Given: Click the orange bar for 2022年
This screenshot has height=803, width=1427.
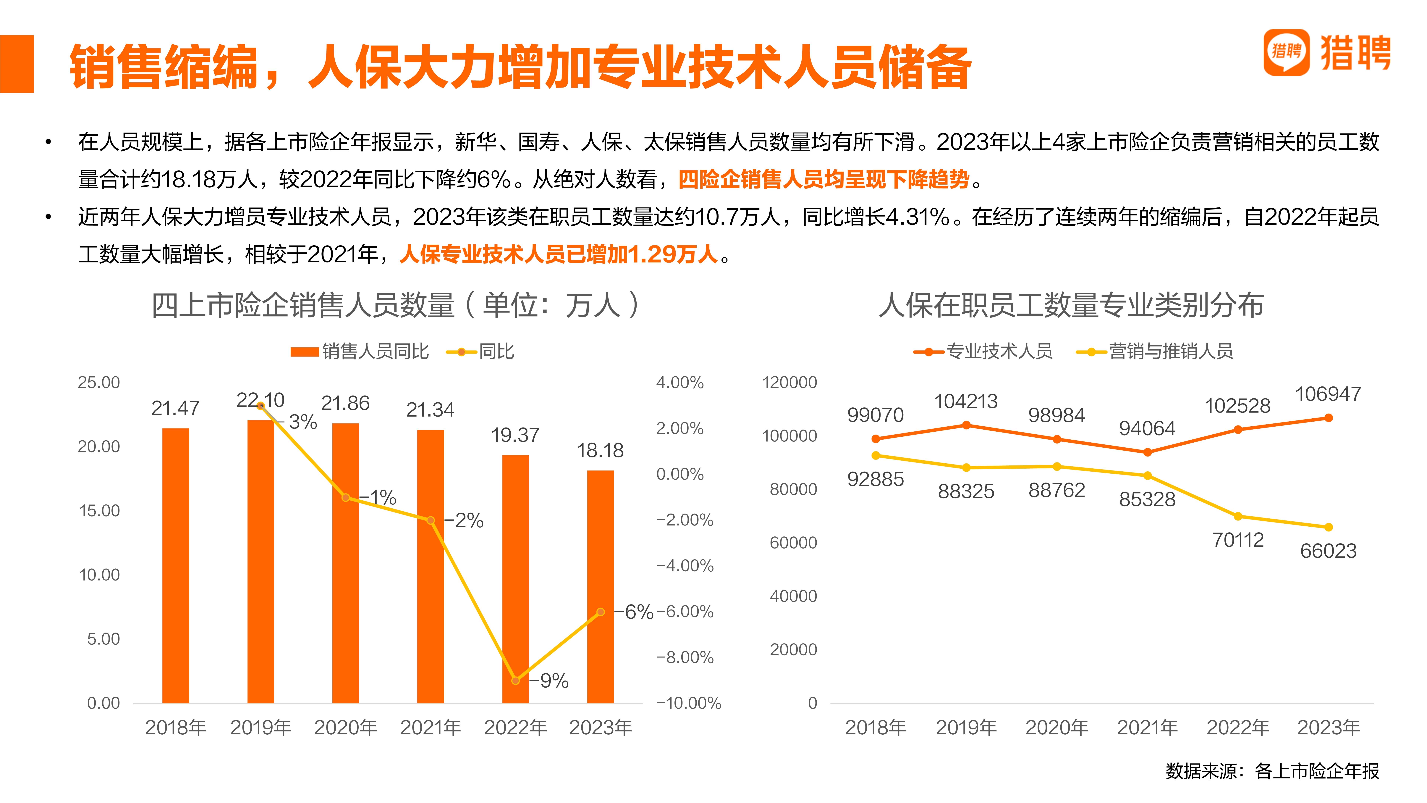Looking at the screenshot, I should tap(515, 579).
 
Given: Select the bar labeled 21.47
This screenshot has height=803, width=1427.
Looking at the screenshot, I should tap(176, 565).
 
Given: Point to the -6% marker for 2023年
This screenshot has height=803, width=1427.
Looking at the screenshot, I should tap(601, 612).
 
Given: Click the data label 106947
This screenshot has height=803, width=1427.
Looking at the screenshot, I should tap(1328, 394).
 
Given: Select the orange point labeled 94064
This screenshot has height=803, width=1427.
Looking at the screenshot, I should tap(1147, 452).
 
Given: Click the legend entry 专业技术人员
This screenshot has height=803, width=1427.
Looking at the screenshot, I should tap(983, 351).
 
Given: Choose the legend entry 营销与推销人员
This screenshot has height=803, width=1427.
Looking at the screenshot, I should tap(1155, 351).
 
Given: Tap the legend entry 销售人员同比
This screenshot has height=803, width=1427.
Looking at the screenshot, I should tap(360, 351).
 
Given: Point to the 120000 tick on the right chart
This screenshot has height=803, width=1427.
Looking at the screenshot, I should tap(789, 382).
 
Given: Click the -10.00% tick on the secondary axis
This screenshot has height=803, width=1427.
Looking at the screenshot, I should tap(689, 703).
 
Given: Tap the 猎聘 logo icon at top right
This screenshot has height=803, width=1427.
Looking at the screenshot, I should tap(1286, 52).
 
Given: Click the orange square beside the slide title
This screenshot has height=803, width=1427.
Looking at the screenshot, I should tap(17, 64).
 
